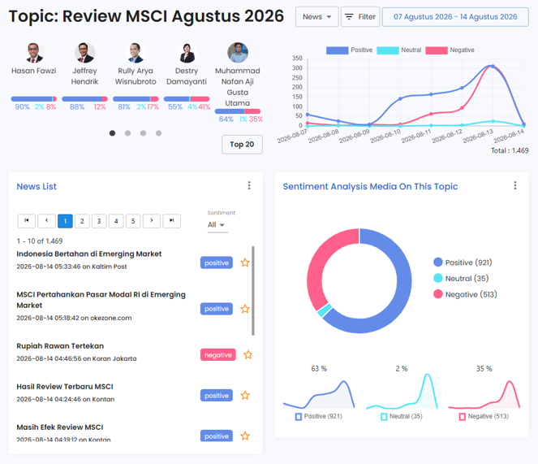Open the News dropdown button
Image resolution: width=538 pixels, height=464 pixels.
coord(317,16)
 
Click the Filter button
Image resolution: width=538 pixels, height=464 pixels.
coord(360,16)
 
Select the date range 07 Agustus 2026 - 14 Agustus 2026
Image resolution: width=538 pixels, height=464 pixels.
coord(455,16)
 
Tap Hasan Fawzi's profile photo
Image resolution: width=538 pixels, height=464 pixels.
coord(33,53)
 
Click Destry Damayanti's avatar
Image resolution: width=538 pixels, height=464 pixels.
coord(187,53)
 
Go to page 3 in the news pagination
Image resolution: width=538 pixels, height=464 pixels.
coord(99,221)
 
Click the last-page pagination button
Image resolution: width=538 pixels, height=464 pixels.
coord(171,221)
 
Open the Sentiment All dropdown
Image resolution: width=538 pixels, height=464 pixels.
coord(216,225)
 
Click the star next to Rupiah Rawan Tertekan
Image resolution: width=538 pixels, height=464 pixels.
coord(247,354)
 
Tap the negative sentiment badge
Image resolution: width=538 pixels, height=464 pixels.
coord(217,354)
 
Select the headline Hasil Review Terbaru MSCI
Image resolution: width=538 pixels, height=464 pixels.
coord(65,387)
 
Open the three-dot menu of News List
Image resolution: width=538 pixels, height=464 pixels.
coord(249,185)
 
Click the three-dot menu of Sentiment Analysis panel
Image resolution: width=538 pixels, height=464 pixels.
coord(515,185)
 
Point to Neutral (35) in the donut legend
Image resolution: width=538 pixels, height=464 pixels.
coord(461,278)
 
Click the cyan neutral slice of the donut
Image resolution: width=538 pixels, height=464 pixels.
coord(325,310)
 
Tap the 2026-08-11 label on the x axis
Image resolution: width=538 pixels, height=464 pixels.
coord(416,137)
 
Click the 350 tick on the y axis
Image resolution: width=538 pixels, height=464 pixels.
coord(297,58)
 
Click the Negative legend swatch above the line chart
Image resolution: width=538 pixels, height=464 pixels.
coord(437,50)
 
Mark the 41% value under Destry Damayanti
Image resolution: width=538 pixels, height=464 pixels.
coord(204,107)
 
